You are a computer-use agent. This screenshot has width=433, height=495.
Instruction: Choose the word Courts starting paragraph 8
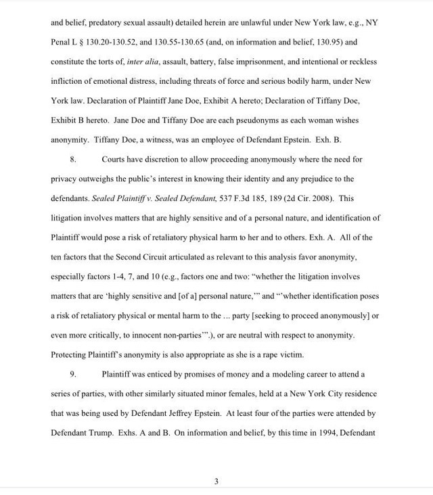point(114,160)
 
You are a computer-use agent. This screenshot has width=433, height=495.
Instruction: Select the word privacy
point(64,179)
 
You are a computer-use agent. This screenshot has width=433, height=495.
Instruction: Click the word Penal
point(62,42)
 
